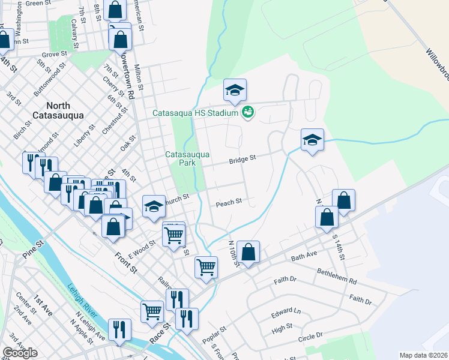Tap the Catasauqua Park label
click(x=188, y=158)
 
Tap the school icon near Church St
click(x=154, y=207)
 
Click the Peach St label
click(x=229, y=203)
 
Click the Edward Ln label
click(x=285, y=312)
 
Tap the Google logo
click(x=20, y=353)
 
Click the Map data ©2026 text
click(x=424, y=355)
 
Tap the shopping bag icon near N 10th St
click(x=247, y=251)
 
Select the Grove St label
click(x=53, y=54)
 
